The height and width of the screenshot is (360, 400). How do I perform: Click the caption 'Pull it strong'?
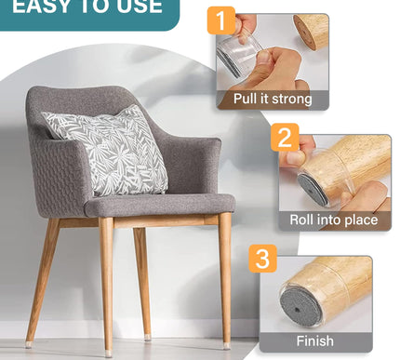point(273,99)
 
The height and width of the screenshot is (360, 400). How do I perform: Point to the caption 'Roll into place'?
point(333,220)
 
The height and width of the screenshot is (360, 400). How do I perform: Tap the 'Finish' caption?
point(314,340)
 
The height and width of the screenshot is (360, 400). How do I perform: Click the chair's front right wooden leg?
point(225,279)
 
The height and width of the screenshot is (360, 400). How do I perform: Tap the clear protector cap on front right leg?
point(227,345)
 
